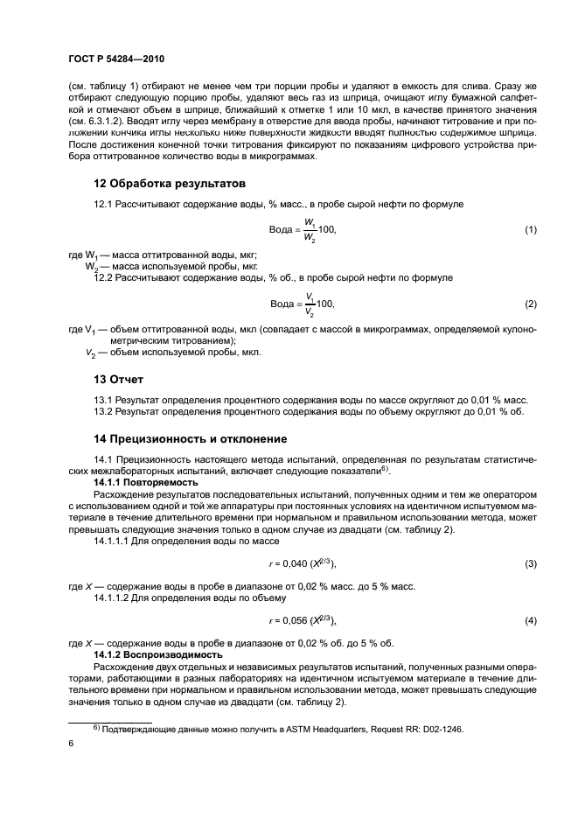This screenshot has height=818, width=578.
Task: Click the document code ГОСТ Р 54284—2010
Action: [x=117, y=59]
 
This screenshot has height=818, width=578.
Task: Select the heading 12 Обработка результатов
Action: [x=170, y=184]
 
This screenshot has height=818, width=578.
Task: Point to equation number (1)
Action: [x=529, y=229]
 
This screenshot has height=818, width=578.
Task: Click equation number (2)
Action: [x=529, y=304]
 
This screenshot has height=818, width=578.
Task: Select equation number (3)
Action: [x=529, y=563]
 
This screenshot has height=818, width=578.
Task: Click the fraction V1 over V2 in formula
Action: [x=309, y=304]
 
